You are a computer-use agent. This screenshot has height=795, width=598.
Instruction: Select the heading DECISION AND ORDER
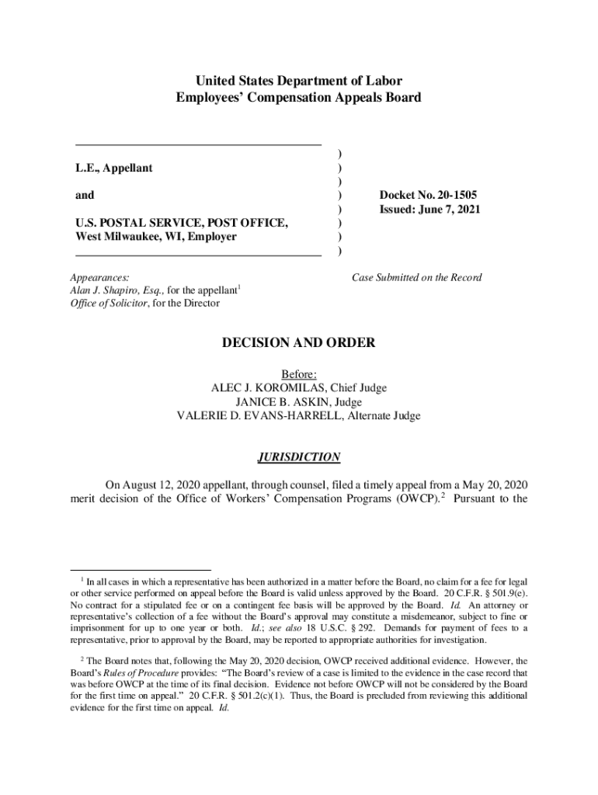click(x=299, y=342)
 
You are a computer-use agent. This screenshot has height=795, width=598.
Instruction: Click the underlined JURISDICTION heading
click(x=299, y=457)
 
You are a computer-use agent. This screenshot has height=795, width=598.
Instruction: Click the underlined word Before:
click(x=299, y=374)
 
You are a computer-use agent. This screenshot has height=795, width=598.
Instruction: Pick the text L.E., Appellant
click(x=113, y=168)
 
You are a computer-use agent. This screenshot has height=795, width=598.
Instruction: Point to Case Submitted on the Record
click(x=416, y=277)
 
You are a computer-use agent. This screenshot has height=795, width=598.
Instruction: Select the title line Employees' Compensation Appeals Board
click(x=299, y=98)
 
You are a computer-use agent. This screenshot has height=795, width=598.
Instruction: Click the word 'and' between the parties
click(x=85, y=196)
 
